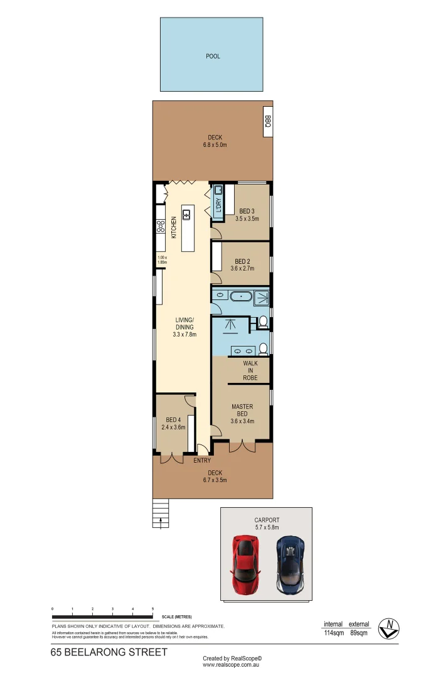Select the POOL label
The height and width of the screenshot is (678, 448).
[x=213, y=56]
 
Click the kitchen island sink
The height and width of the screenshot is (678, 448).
[x=186, y=215]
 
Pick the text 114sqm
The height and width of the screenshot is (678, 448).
[x=333, y=633]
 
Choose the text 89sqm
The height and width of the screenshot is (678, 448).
[x=360, y=633]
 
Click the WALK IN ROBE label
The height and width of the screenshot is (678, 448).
[x=250, y=370]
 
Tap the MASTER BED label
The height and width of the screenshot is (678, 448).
[x=242, y=411]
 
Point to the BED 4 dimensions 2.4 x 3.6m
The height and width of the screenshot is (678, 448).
[x=173, y=428]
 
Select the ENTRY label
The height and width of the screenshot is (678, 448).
[x=202, y=461]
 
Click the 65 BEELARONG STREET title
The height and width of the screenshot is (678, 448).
[x=109, y=652]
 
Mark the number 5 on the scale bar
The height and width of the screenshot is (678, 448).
[x=153, y=610]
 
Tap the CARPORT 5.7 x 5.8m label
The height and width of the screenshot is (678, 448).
[x=267, y=524]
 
